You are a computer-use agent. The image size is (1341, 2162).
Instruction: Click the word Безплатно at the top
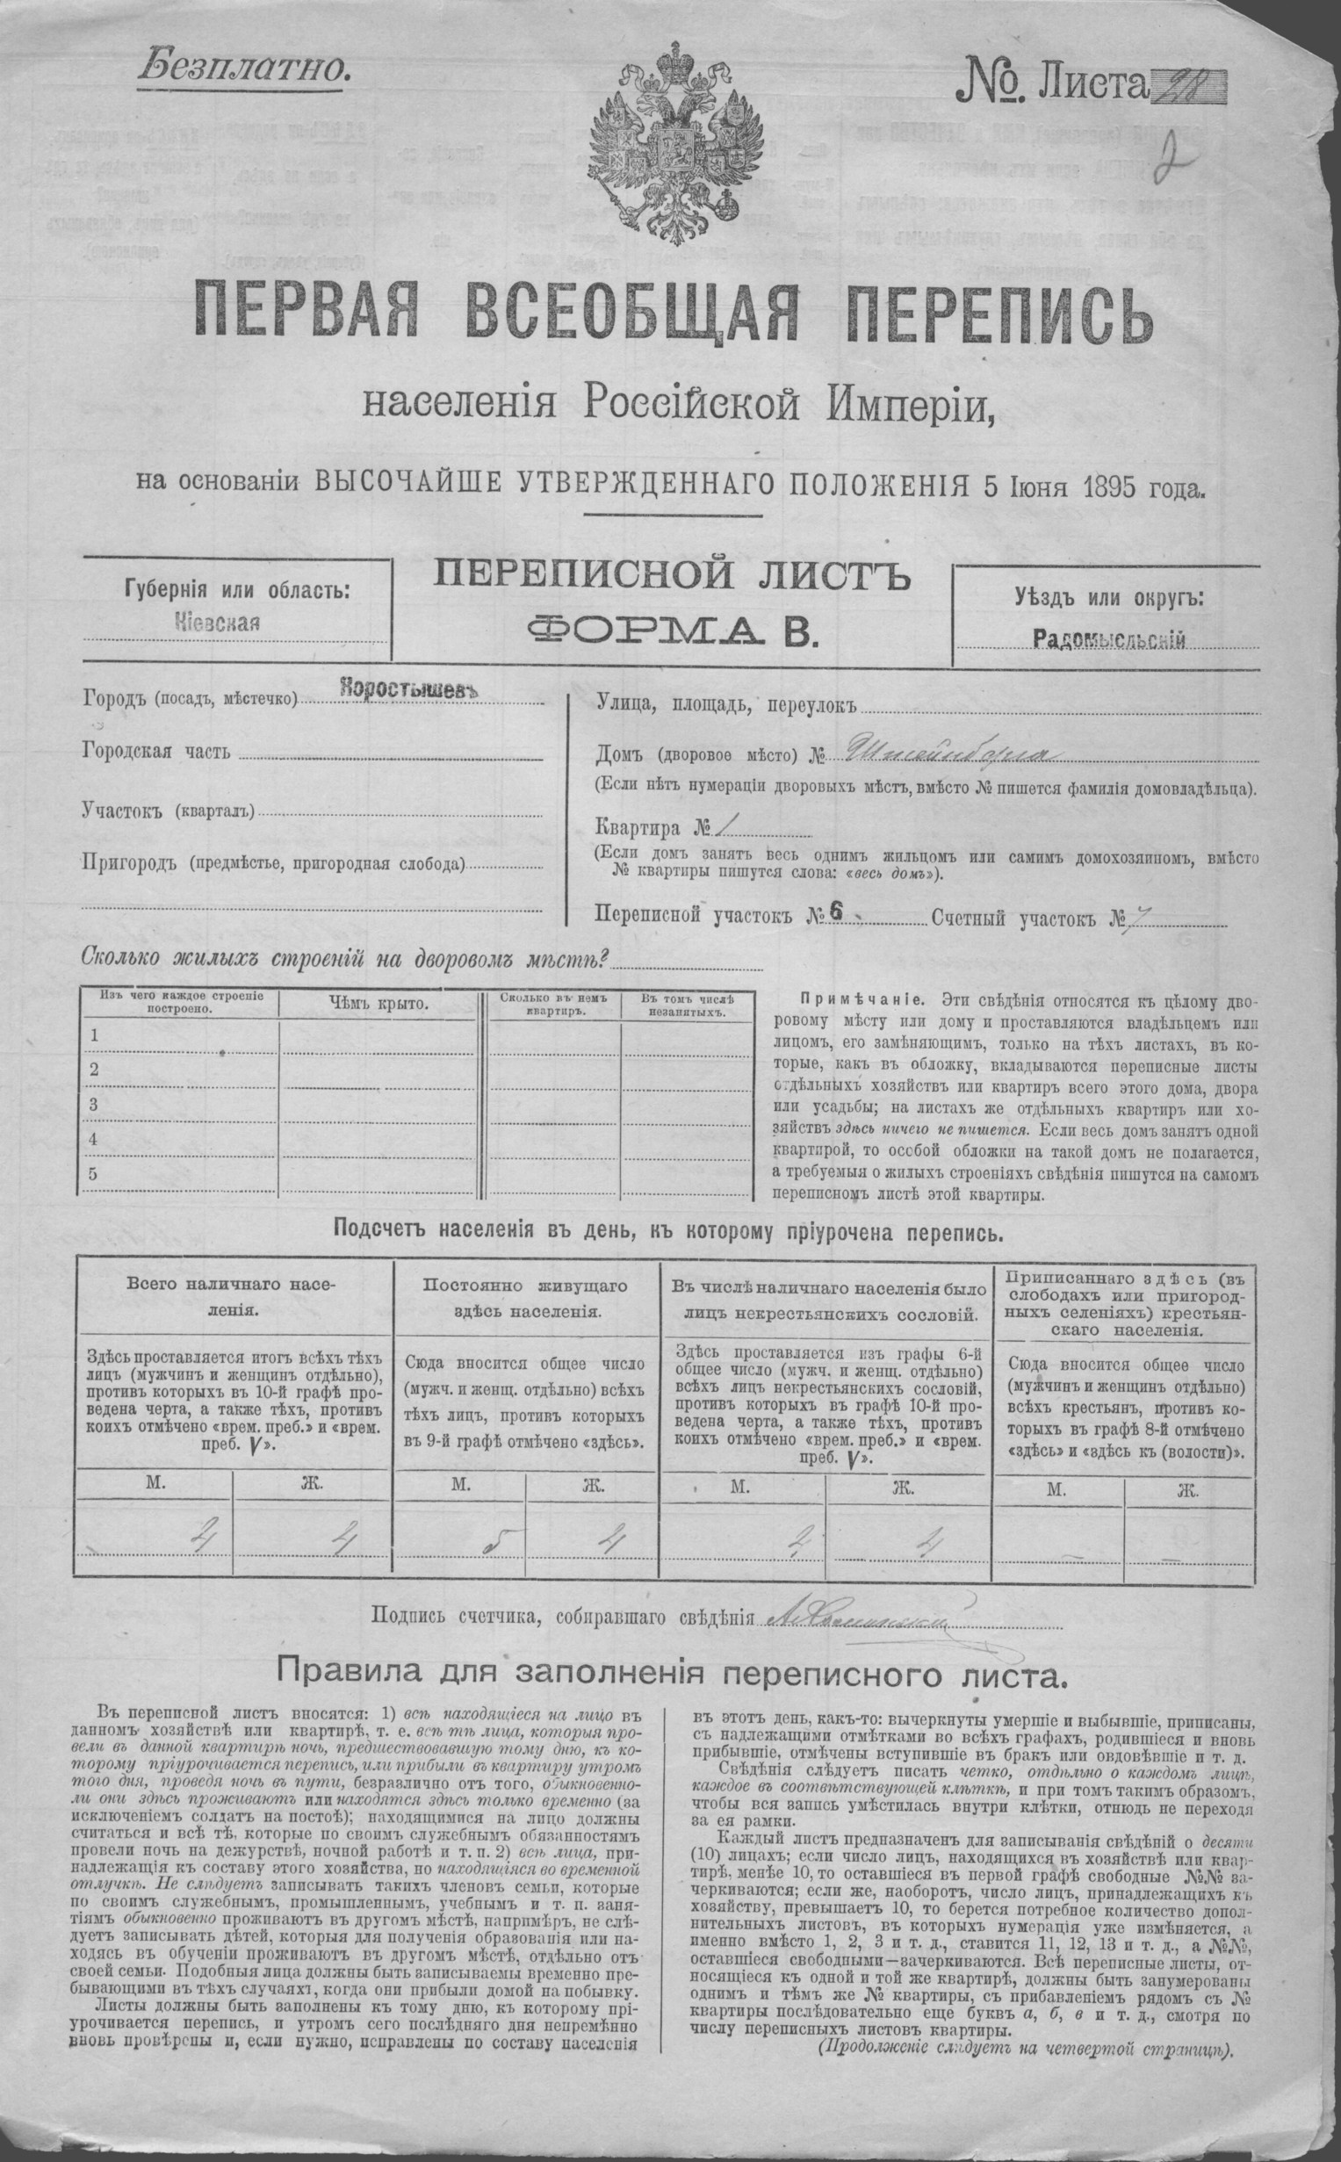tap(242, 68)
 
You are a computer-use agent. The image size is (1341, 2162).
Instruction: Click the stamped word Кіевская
tap(217, 622)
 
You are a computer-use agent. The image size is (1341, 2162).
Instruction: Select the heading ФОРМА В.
tap(671, 630)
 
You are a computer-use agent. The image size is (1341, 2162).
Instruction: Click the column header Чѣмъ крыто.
tap(378, 1003)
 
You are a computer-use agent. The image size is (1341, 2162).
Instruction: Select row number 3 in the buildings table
tap(93, 1105)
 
